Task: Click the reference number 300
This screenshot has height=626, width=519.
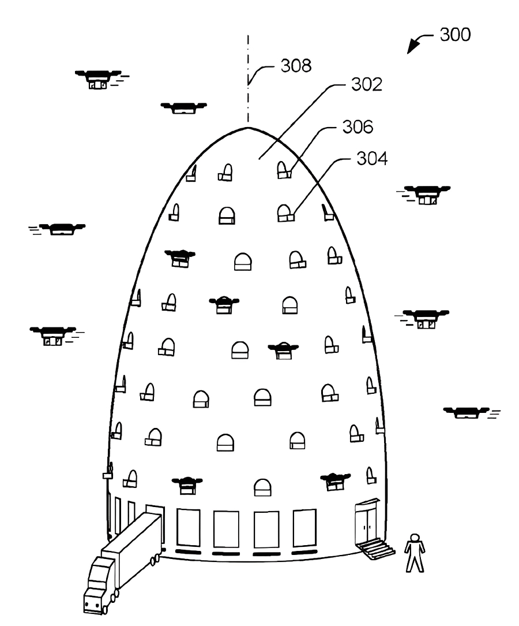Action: tap(455, 35)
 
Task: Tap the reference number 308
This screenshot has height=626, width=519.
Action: tap(296, 66)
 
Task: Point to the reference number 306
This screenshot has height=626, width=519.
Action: tap(358, 126)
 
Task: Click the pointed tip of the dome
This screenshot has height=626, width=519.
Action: tap(248, 128)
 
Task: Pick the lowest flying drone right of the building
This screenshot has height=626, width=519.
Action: tap(468, 412)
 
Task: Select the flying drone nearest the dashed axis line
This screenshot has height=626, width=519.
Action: tap(183, 107)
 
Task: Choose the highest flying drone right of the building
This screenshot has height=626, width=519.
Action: tap(427, 194)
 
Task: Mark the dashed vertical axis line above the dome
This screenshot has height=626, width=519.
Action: tap(248, 81)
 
